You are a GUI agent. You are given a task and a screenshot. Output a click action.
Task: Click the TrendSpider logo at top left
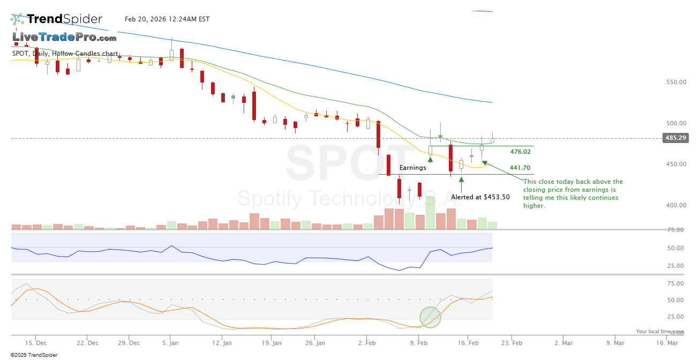(56, 19)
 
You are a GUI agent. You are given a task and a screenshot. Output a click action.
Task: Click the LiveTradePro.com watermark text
(64, 37)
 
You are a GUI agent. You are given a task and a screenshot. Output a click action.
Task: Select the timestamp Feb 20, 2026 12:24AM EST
(167, 19)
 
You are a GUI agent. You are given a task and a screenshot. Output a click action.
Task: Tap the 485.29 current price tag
(675, 138)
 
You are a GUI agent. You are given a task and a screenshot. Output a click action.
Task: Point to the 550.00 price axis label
(675, 82)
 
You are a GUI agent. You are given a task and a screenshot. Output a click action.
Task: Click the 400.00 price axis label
(675, 205)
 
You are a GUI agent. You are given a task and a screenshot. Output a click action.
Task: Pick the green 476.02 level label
(520, 152)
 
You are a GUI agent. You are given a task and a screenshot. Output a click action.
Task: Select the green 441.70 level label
(520, 168)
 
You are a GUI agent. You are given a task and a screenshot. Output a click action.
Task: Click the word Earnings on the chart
(413, 168)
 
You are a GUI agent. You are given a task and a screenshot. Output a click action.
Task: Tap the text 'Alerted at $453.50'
(480, 197)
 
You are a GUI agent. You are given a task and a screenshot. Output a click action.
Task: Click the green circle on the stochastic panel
(430, 317)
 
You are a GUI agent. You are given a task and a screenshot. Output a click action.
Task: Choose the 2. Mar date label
(563, 342)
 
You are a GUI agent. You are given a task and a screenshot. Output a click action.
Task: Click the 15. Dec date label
(36, 342)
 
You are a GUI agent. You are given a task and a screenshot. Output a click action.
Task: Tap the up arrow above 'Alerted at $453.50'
(461, 181)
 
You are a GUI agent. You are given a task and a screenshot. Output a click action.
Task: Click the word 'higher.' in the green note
(534, 206)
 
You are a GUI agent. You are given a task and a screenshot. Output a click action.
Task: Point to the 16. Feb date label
(469, 342)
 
